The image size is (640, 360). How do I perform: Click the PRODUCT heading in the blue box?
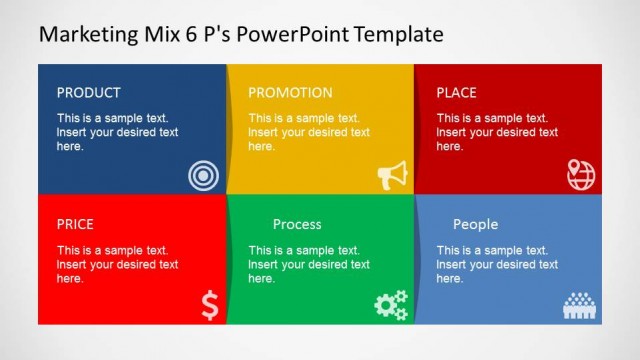pos(88,93)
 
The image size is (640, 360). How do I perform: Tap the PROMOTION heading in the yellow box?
pos(290,93)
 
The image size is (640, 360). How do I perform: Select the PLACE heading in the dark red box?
pos(456,93)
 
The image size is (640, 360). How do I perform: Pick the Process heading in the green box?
pos(297,225)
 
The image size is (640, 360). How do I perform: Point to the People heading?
pos(475,225)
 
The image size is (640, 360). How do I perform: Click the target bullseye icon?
pos(203,177)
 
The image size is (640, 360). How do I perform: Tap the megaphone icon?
pos(392,176)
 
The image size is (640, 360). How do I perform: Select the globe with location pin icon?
pos(580,175)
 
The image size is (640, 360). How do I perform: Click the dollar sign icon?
pos(209,305)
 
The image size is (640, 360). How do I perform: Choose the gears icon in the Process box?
pos(391,305)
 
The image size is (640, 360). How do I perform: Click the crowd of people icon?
pos(579,306)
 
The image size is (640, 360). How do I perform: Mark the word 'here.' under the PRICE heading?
pos(70,279)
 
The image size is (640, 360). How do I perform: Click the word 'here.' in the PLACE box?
pos(450,147)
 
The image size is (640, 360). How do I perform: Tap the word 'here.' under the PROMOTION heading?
pos(261,147)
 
